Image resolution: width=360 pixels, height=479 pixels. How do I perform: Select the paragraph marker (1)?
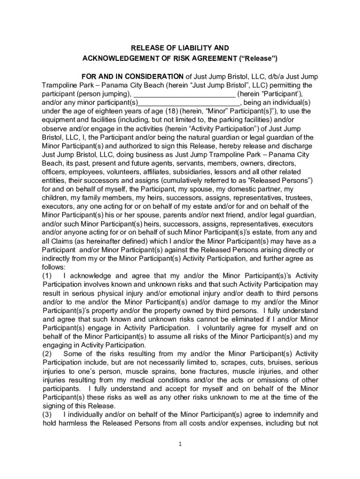click(x=48, y=276)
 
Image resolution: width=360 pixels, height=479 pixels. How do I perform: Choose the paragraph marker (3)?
click(x=48, y=414)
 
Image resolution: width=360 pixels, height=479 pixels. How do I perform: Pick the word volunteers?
click(x=125, y=172)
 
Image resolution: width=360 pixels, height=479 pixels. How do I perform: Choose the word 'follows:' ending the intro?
click(x=54, y=267)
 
